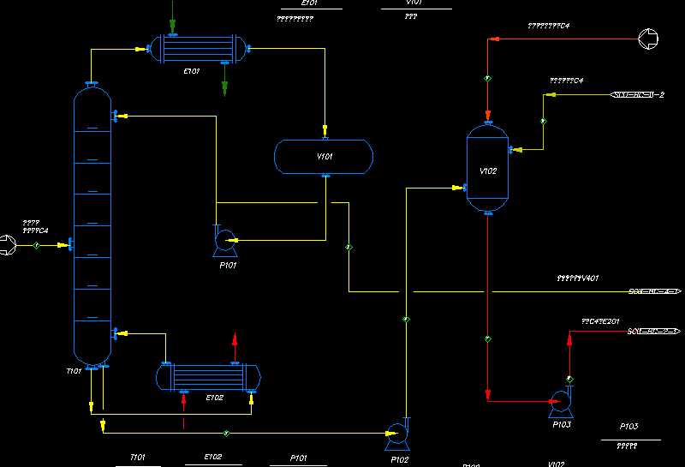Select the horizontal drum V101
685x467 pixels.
point(324,156)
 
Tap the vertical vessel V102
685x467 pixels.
point(487,169)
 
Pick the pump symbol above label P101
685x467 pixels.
point(225,241)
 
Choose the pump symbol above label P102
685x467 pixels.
point(397,434)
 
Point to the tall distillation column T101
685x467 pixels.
point(92,227)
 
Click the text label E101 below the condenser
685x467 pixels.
point(192,72)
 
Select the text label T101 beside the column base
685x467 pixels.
point(74,371)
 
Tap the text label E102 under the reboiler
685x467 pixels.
point(214,398)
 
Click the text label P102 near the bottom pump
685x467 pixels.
point(400,459)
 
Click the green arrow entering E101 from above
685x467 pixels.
point(173,26)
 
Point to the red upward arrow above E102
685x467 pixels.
point(235,341)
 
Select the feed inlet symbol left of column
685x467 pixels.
point(7,246)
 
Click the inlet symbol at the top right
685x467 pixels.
point(649,38)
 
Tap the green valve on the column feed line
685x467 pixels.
point(38,246)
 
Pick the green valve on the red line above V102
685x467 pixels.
point(487,78)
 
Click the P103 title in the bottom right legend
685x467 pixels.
point(628,426)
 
